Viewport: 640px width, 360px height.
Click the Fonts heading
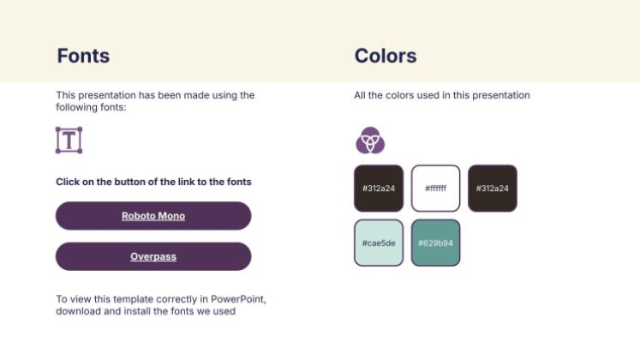[83, 57]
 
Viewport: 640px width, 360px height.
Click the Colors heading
[385, 57]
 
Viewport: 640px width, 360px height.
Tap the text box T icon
[69, 140]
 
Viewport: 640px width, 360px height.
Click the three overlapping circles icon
[370, 140]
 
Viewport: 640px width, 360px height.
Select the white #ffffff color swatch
[435, 188]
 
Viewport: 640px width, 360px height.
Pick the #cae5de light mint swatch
[378, 243]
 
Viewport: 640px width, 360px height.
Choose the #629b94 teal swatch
[435, 243]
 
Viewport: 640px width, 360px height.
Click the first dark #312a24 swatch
[378, 188]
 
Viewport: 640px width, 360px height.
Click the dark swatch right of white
[492, 188]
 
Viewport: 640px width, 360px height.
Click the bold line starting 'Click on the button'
[153, 182]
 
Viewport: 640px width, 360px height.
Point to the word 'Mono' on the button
[171, 216]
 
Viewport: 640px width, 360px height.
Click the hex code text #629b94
[435, 243]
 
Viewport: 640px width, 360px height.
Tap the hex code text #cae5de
[378, 243]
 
